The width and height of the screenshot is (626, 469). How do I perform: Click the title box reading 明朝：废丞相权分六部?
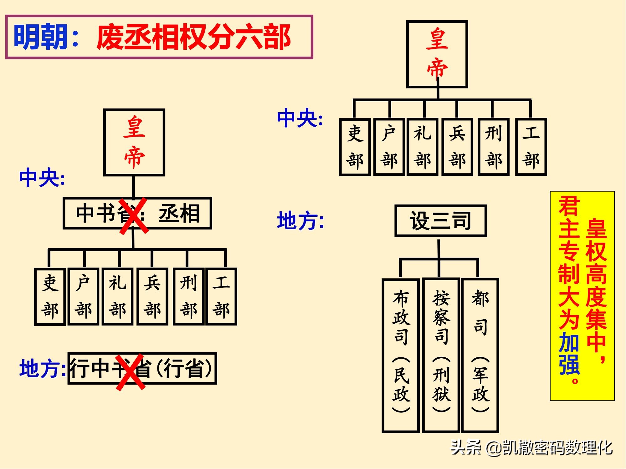[159, 37]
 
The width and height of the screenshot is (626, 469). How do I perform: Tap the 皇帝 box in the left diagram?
[134, 142]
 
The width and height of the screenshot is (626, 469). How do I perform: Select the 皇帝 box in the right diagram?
[437, 54]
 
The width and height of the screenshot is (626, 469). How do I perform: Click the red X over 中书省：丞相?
[134, 215]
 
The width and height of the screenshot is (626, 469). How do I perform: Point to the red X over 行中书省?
[130, 372]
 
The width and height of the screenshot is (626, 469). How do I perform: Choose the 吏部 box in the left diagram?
[50, 296]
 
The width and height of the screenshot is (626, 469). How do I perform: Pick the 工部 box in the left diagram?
[221, 296]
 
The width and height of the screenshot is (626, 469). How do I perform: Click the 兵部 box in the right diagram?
[457, 147]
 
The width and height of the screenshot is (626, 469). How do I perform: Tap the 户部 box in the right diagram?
[389, 147]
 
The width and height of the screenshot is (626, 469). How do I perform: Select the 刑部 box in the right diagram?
[493, 147]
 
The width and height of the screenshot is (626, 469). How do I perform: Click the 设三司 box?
[440, 221]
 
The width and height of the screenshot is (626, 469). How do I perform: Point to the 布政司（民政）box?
[401, 355]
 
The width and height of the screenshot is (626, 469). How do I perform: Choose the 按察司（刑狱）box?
[441, 355]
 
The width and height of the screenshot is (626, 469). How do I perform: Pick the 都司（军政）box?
[480, 355]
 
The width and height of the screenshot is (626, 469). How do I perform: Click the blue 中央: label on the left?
[42, 178]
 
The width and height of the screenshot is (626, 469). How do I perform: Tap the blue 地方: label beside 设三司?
[300, 221]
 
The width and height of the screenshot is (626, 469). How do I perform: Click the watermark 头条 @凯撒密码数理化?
[531, 448]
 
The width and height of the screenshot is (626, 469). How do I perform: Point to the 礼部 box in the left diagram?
[117, 296]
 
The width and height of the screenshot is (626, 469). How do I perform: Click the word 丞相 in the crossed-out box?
[179, 214]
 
